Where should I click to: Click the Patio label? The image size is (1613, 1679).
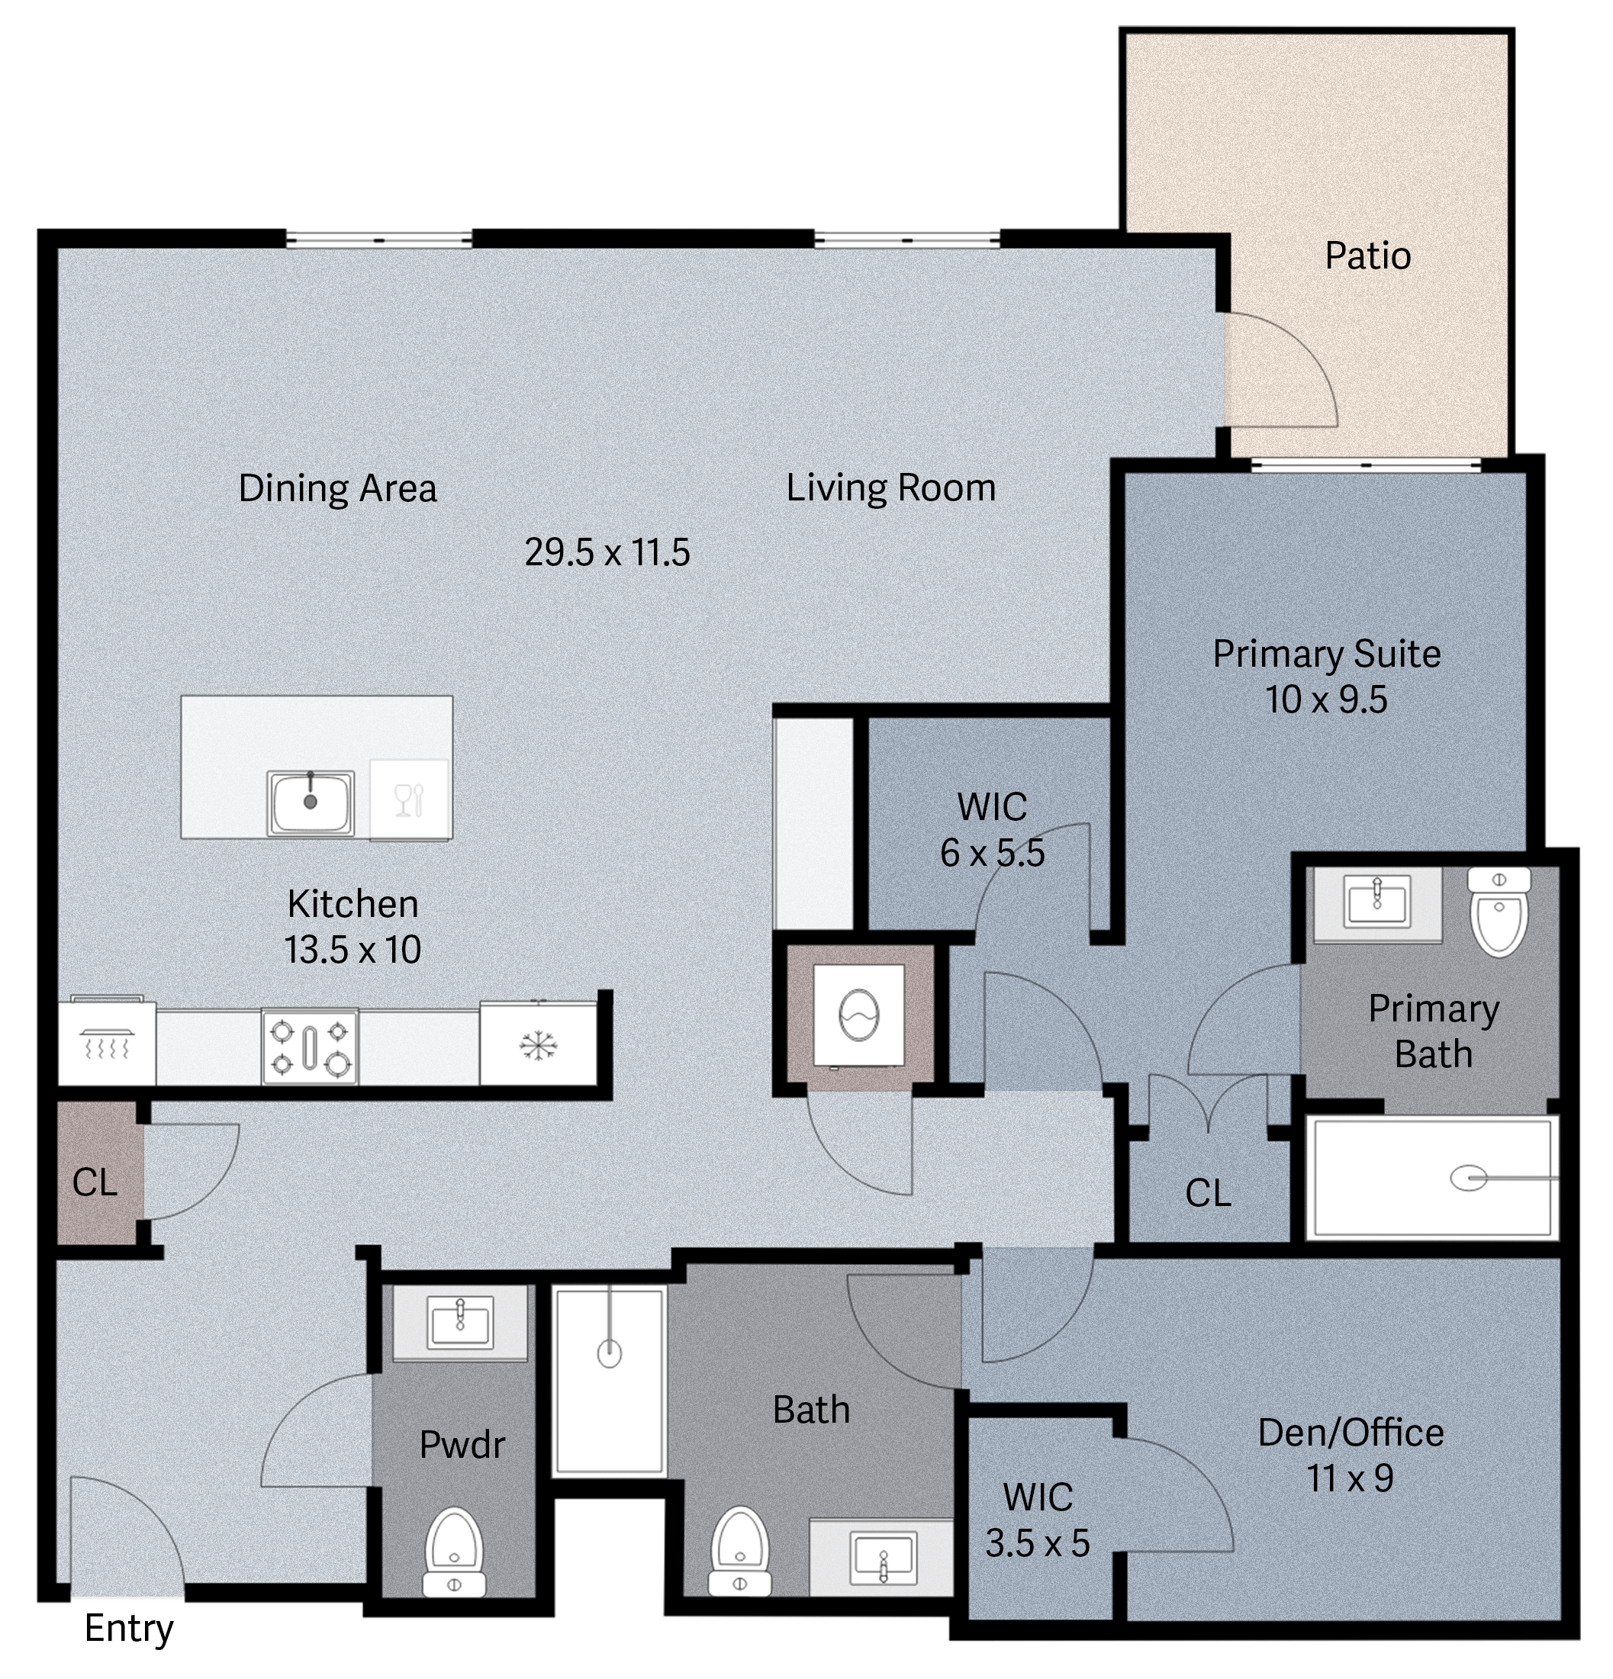[x=1367, y=256]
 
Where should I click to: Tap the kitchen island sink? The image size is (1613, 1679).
[x=310, y=803]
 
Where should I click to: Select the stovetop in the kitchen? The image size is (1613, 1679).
[x=310, y=1046]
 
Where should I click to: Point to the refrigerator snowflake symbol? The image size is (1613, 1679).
[x=539, y=1046]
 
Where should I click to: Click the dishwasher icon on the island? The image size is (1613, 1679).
[x=410, y=800]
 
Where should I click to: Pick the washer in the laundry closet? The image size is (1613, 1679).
[x=858, y=1015]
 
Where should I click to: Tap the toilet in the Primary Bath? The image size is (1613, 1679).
[x=1499, y=911]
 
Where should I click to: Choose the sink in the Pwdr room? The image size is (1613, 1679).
[x=461, y=1321]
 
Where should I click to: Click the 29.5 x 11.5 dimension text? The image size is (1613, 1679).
[x=607, y=552]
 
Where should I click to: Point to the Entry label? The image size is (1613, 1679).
[x=128, y=1629]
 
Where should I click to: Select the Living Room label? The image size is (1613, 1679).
[x=891, y=487]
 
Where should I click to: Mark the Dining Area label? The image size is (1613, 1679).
[x=337, y=488]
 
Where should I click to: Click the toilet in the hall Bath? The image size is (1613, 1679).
[x=740, y=1552]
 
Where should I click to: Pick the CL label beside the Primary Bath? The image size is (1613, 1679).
[x=1208, y=1192]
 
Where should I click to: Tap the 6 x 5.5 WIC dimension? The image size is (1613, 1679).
[x=992, y=852]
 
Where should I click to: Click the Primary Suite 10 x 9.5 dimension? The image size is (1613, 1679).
[x=1327, y=699]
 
